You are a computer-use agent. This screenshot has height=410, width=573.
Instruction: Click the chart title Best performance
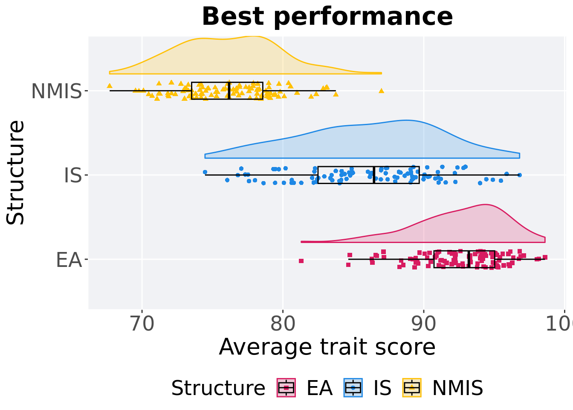coord(327,17)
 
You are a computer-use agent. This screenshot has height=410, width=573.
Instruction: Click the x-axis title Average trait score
coord(327,347)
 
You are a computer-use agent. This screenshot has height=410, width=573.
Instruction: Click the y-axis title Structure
coord(16,173)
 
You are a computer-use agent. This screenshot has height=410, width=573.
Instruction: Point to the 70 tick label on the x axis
coord(142,324)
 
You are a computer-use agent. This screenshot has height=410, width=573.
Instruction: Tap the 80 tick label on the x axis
coord(283,324)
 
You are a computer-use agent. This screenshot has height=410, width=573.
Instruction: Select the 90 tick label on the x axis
coord(423,324)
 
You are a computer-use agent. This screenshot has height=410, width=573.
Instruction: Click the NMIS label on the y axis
coord(56,91)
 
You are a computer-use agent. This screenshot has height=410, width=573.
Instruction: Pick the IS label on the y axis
coord(72,176)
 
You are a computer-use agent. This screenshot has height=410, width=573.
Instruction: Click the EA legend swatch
coord(286,388)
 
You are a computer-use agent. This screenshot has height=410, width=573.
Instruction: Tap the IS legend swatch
coord(353,388)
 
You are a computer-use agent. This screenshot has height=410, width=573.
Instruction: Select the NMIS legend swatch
coord(412,388)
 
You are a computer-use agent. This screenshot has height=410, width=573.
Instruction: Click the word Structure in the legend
coord(218,388)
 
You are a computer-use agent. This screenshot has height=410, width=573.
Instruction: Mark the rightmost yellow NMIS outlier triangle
coord(382,91)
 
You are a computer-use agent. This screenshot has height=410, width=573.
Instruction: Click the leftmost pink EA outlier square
coord(301,261)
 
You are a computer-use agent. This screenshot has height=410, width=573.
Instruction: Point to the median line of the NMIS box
coord(229,91)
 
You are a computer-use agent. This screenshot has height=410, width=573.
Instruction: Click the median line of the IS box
coord(374,175)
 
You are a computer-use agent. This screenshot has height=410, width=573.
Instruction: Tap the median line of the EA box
coord(469,259)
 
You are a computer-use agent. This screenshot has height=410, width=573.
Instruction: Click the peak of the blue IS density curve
coord(406,120)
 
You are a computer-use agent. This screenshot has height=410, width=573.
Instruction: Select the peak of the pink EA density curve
coord(485,205)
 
